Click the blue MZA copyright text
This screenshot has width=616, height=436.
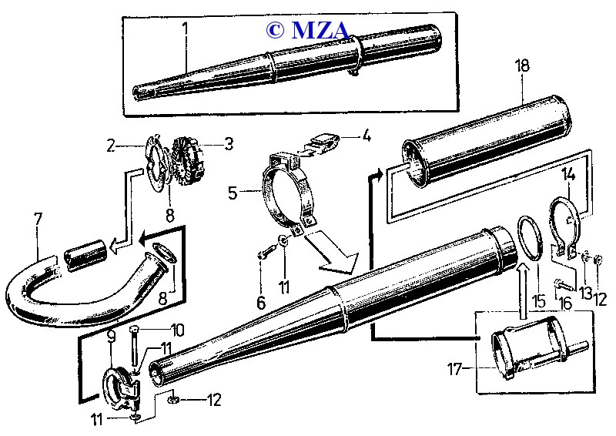click(x=308, y=30)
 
